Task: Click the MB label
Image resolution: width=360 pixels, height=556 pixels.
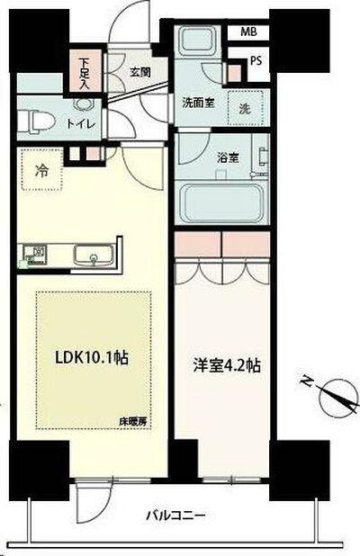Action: (x=247, y=32)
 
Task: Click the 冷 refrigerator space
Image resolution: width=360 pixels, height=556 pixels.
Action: (x=42, y=169)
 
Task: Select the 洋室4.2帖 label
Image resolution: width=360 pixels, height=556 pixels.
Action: (x=227, y=367)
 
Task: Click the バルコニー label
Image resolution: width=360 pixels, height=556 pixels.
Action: (x=177, y=516)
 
